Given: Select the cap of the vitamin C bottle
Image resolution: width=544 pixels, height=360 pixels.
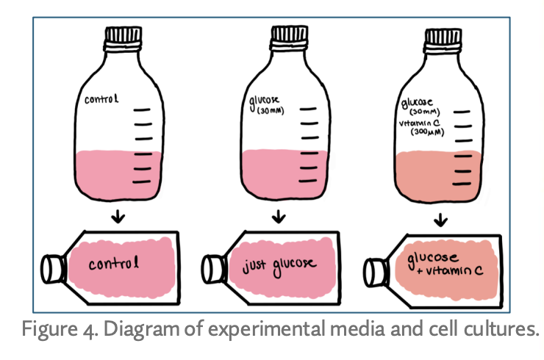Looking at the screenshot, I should click(x=445, y=36).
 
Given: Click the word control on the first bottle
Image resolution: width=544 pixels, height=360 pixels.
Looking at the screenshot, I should click(x=101, y=99).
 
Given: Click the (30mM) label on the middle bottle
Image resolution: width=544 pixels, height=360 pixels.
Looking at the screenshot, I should click(x=263, y=114).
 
